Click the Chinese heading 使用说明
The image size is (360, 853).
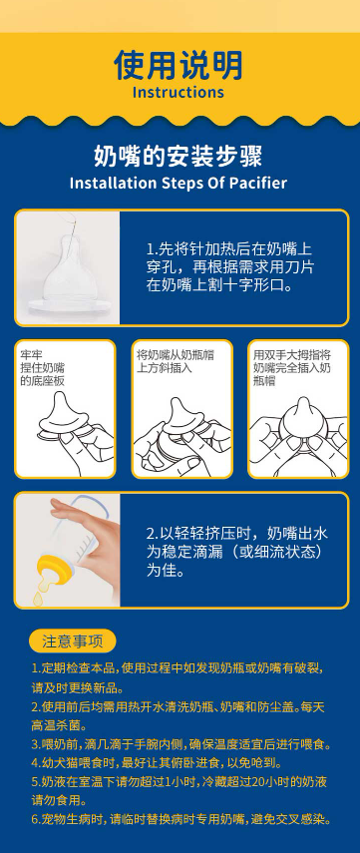point(179,65)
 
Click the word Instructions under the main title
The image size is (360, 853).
point(179,92)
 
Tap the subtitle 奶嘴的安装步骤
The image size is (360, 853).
point(179,156)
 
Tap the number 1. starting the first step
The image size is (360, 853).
point(152,249)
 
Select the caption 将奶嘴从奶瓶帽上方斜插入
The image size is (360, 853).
point(176,362)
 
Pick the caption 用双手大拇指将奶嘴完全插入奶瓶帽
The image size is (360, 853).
point(292,368)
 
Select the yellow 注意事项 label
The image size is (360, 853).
point(73,640)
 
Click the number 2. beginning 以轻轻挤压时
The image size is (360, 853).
point(153,533)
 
